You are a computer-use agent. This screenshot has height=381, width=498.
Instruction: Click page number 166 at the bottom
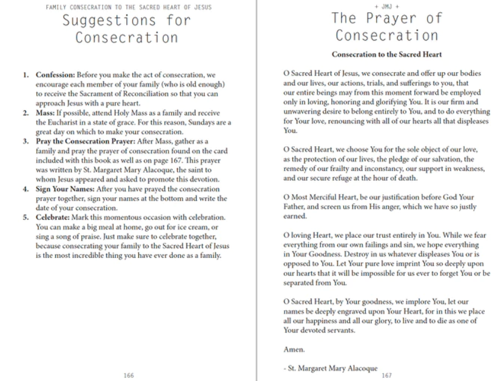pos(129,376)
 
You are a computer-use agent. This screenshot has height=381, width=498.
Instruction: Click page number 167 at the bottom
pos(387,376)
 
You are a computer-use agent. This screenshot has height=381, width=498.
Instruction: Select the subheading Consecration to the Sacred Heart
pos(387,55)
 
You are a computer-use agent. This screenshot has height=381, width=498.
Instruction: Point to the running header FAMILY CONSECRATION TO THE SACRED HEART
pos(129,7)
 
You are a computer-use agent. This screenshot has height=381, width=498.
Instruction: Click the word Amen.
pos(294,349)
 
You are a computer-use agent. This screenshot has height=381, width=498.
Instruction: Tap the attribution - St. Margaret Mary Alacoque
pos(330,368)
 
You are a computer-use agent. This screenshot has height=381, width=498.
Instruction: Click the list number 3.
pos(26,132)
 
